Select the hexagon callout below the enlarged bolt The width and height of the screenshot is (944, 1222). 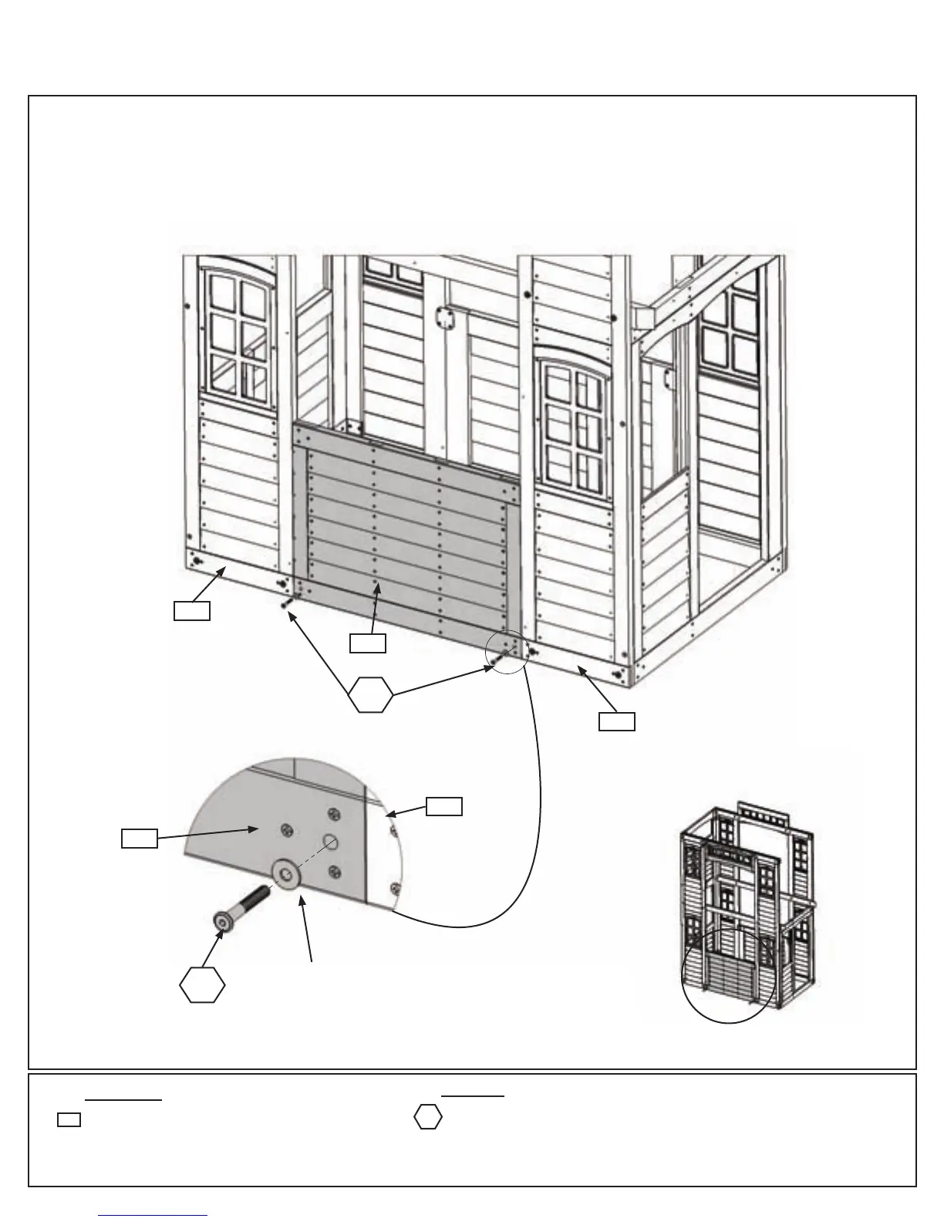(x=202, y=985)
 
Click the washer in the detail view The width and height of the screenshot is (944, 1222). (x=288, y=876)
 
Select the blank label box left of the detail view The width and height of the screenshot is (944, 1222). (x=140, y=839)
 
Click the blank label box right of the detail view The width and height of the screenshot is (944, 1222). (x=444, y=806)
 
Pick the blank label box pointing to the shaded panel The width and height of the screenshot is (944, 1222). (x=367, y=643)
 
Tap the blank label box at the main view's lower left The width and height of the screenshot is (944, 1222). (x=191, y=611)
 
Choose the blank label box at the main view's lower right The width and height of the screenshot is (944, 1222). (x=618, y=721)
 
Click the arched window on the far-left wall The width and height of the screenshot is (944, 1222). (x=239, y=332)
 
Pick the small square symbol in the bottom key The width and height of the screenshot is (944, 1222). (x=69, y=1119)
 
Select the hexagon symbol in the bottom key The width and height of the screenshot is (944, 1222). (x=428, y=1118)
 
